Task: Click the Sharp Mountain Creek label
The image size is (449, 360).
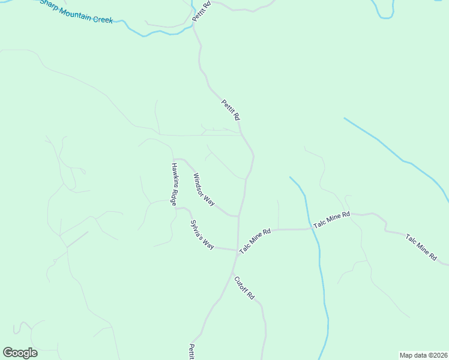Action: pos(76,12)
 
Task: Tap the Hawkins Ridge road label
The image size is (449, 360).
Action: pos(173,185)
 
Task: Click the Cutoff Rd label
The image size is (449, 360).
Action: pos(245,288)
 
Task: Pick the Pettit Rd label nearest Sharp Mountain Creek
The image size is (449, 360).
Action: pos(202,12)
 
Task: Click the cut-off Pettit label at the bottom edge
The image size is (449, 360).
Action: pos(191,352)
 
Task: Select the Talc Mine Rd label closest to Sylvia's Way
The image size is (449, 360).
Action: pos(256,240)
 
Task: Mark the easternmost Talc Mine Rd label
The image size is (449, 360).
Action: pos(421,247)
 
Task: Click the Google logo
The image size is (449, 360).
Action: pos(20,353)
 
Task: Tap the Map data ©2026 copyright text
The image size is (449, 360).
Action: pos(423,355)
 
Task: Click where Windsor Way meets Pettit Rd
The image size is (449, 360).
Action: pos(239,215)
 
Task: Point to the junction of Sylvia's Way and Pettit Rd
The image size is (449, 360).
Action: pos(237,251)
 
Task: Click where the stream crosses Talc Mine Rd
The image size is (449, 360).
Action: pos(313,229)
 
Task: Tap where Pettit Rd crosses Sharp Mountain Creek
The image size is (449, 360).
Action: pos(194,26)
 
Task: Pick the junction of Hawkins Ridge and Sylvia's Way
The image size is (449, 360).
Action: pos(175,208)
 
